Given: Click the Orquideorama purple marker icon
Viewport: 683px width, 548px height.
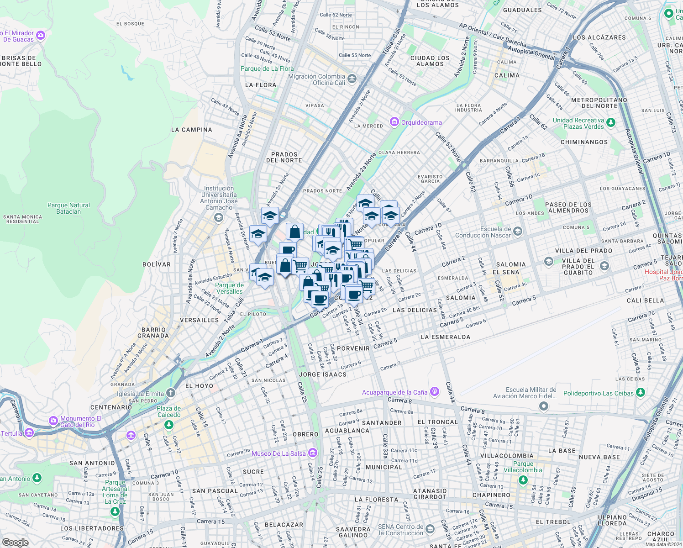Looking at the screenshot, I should (x=394, y=122).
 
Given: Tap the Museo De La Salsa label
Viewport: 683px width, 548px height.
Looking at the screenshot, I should (x=278, y=453).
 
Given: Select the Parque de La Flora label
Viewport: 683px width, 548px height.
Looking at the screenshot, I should (x=267, y=68).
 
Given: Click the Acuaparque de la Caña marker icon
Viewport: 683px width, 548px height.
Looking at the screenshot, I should (x=435, y=391).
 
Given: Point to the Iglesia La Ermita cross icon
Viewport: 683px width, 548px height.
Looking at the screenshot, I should (x=170, y=393).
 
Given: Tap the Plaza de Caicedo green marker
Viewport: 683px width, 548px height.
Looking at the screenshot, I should (x=169, y=425).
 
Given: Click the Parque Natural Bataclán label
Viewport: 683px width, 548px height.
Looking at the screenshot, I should (x=68, y=208).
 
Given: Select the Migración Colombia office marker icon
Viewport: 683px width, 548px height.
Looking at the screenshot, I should (x=352, y=79).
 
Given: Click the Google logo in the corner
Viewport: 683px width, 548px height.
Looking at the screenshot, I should (x=16, y=542).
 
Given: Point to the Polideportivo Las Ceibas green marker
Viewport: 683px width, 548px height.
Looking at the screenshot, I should (x=641, y=392).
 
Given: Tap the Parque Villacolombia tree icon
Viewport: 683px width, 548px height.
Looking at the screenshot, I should (x=523, y=480).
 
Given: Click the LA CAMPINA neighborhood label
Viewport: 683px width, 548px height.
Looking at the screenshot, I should (x=191, y=130).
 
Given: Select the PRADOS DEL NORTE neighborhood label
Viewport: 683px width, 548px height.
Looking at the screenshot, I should (x=284, y=158).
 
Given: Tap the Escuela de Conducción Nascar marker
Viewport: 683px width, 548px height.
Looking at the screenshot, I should (x=517, y=232).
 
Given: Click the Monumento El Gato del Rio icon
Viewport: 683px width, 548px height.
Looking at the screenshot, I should (x=53, y=420).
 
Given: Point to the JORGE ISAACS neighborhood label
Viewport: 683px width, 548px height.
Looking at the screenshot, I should (x=322, y=374).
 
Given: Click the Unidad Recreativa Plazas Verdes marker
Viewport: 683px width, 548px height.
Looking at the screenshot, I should (x=611, y=122).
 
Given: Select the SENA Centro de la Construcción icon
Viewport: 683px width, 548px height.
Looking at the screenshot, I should (x=430, y=529).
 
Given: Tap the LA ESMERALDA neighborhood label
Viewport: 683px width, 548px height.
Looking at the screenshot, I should (x=445, y=337).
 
